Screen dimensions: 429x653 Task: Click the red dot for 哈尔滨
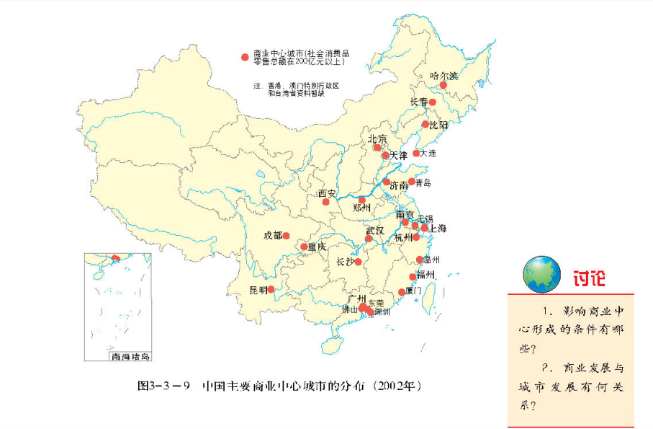pos(443,85)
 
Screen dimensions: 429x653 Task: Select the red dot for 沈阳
pos(425,125)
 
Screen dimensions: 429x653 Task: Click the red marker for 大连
pos(416,153)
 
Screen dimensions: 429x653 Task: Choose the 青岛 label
pos(423,183)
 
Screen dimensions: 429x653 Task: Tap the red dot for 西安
pos(325,202)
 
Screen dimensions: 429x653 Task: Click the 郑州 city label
pos(361,208)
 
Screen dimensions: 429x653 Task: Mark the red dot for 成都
pos(286,236)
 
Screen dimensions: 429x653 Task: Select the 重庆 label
pos(317,247)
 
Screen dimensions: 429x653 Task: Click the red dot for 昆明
pos(271,290)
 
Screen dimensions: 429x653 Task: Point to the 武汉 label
pos(375,230)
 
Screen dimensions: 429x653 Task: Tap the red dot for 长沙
pos(358,262)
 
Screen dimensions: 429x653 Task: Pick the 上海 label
pos(438,229)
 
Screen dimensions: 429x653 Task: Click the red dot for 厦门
pos(402,292)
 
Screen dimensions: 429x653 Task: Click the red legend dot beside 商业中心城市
pos(246,56)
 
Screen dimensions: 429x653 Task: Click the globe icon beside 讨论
pos(541,275)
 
